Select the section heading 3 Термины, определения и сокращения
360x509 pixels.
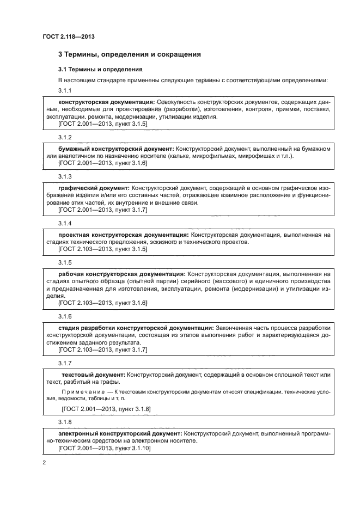pyautogui.click(x=130, y=54)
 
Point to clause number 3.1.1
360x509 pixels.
pyautogui.click(x=65, y=90)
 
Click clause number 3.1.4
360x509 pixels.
pyautogui.click(x=65, y=224)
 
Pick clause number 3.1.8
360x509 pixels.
pyautogui.click(x=65, y=422)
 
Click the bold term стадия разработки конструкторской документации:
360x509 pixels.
pyautogui.click(x=136, y=328)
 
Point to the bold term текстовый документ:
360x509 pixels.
pyautogui.click(x=94, y=375)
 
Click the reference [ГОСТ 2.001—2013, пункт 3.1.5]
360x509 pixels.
pyautogui.click(x=102, y=124)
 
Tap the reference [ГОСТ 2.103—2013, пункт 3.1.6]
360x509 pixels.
pyautogui.click(x=102, y=303)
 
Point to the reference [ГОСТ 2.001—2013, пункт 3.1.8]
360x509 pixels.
pyautogui.click(x=107, y=408)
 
